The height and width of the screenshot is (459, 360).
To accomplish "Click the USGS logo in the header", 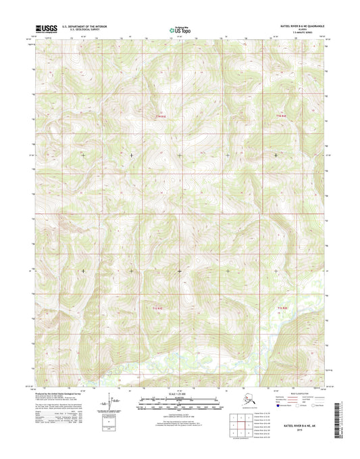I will point(44,29).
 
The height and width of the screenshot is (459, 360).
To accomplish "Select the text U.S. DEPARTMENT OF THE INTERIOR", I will point(83,27).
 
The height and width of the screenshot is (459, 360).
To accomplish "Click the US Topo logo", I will point(179,30).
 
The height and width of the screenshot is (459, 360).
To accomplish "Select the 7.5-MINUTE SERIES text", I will point(312,34).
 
